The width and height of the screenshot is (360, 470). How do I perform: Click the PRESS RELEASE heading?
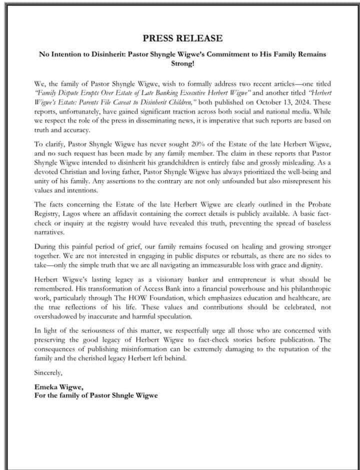click(x=183, y=38)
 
